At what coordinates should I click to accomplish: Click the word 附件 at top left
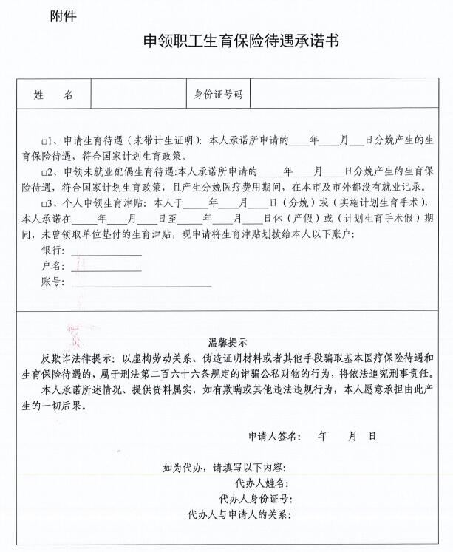(x=62, y=16)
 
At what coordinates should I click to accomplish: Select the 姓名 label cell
(x=53, y=95)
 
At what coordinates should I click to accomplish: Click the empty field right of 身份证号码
(x=347, y=95)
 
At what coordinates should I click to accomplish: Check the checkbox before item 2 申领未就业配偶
(x=44, y=171)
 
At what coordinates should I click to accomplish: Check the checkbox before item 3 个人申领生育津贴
(x=44, y=202)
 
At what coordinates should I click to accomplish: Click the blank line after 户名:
(x=106, y=266)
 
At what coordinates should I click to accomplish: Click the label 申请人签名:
(x=274, y=437)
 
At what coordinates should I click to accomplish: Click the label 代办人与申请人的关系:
(x=240, y=514)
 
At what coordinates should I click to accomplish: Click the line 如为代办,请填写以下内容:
(x=225, y=467)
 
